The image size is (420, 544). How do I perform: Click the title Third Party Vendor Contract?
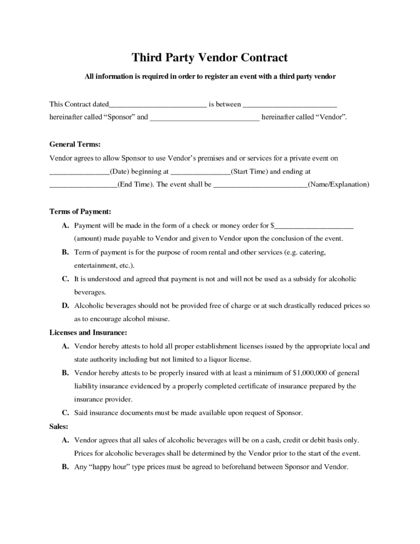[x=209, y=57]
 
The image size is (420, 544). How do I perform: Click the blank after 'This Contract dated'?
[x=157, y=104]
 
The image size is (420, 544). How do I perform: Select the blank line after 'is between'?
[x=289, y=104]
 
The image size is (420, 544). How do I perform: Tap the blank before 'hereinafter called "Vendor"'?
[x=204, y=117]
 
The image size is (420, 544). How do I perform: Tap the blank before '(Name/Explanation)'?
[x=260, y=185]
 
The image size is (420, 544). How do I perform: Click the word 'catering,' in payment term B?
[x=311, y=252]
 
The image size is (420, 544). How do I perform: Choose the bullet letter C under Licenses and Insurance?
[x=65, y=413]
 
